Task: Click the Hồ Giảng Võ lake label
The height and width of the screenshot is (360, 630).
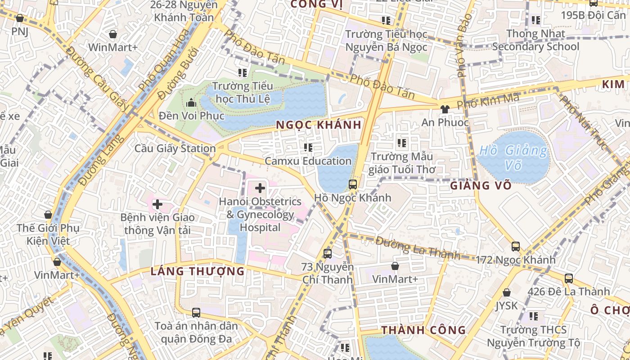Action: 513,157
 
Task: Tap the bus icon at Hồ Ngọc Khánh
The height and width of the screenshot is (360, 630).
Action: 353,184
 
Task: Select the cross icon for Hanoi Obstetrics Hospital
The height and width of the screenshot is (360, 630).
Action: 260,188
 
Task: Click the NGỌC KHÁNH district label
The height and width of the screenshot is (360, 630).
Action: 319,125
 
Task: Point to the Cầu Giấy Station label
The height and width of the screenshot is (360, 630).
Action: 175,148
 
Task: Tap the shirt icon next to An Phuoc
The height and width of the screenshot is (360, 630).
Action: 445,109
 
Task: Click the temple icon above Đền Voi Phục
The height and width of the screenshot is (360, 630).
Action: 191,103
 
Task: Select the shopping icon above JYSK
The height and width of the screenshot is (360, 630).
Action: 507,293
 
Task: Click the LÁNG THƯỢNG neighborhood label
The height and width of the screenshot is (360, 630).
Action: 198,271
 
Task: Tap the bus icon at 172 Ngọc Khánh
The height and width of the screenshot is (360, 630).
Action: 516,247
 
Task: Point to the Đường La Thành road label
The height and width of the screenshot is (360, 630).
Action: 418,248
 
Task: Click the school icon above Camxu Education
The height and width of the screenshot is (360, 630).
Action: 308,148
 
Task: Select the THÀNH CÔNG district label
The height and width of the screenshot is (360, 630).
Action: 423,330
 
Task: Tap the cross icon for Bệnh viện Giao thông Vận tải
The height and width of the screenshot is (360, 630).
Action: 157,205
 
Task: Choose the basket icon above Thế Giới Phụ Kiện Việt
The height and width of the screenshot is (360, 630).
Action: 48,215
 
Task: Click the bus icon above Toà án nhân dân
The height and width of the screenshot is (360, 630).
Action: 196,312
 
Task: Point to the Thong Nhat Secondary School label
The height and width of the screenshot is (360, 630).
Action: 535,40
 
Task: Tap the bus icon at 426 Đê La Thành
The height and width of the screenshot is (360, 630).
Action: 569,279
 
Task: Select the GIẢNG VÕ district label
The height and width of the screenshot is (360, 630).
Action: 481,185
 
